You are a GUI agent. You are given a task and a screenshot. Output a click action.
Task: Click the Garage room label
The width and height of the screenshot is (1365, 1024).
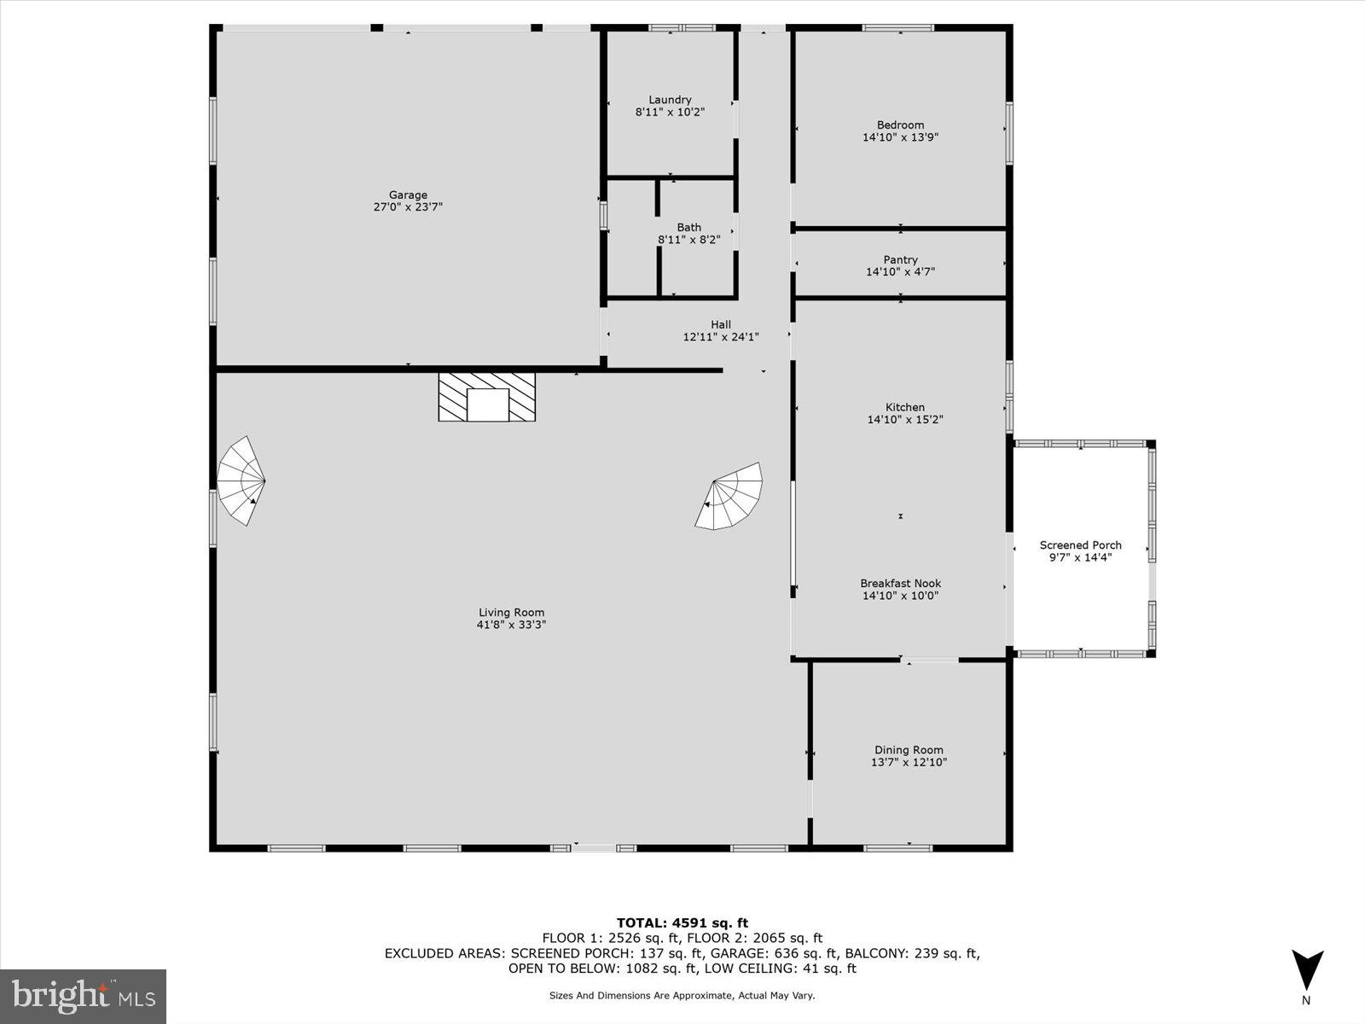coord(408,195)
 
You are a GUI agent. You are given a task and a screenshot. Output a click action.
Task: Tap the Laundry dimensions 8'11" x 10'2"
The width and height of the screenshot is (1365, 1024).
coord(670,112)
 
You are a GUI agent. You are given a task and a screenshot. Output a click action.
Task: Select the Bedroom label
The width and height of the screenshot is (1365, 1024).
coord(900,125)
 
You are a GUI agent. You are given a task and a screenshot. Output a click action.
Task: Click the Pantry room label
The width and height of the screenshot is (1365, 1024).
coord(900,259)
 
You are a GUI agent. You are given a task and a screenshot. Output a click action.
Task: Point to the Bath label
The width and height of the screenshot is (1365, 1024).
coord(688,227)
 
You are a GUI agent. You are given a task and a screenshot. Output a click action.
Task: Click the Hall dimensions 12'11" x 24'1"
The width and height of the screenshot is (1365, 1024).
coord(721,337)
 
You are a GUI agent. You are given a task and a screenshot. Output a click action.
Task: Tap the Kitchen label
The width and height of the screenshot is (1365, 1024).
coord(904,407)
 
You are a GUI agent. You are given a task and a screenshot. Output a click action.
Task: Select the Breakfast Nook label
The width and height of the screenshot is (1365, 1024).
coord(900,584)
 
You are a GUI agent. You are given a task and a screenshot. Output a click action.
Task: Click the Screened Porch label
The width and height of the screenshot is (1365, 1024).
coord(1080,545)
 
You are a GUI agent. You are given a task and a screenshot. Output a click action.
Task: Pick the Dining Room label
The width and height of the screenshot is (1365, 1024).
coord(909,750)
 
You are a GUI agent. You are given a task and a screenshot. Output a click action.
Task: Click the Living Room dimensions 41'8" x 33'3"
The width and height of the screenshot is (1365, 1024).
coord(511,625)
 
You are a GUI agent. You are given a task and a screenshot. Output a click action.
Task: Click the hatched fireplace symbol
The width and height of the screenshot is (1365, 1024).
coord(487,397)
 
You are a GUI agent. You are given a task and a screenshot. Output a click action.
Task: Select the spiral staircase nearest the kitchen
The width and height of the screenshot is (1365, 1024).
coord(730,497)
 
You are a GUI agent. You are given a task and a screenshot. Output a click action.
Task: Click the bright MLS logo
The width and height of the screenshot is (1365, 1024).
coord(83,996)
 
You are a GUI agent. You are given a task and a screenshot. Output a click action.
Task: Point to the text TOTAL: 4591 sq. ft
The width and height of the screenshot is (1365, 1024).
coord(682,922)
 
